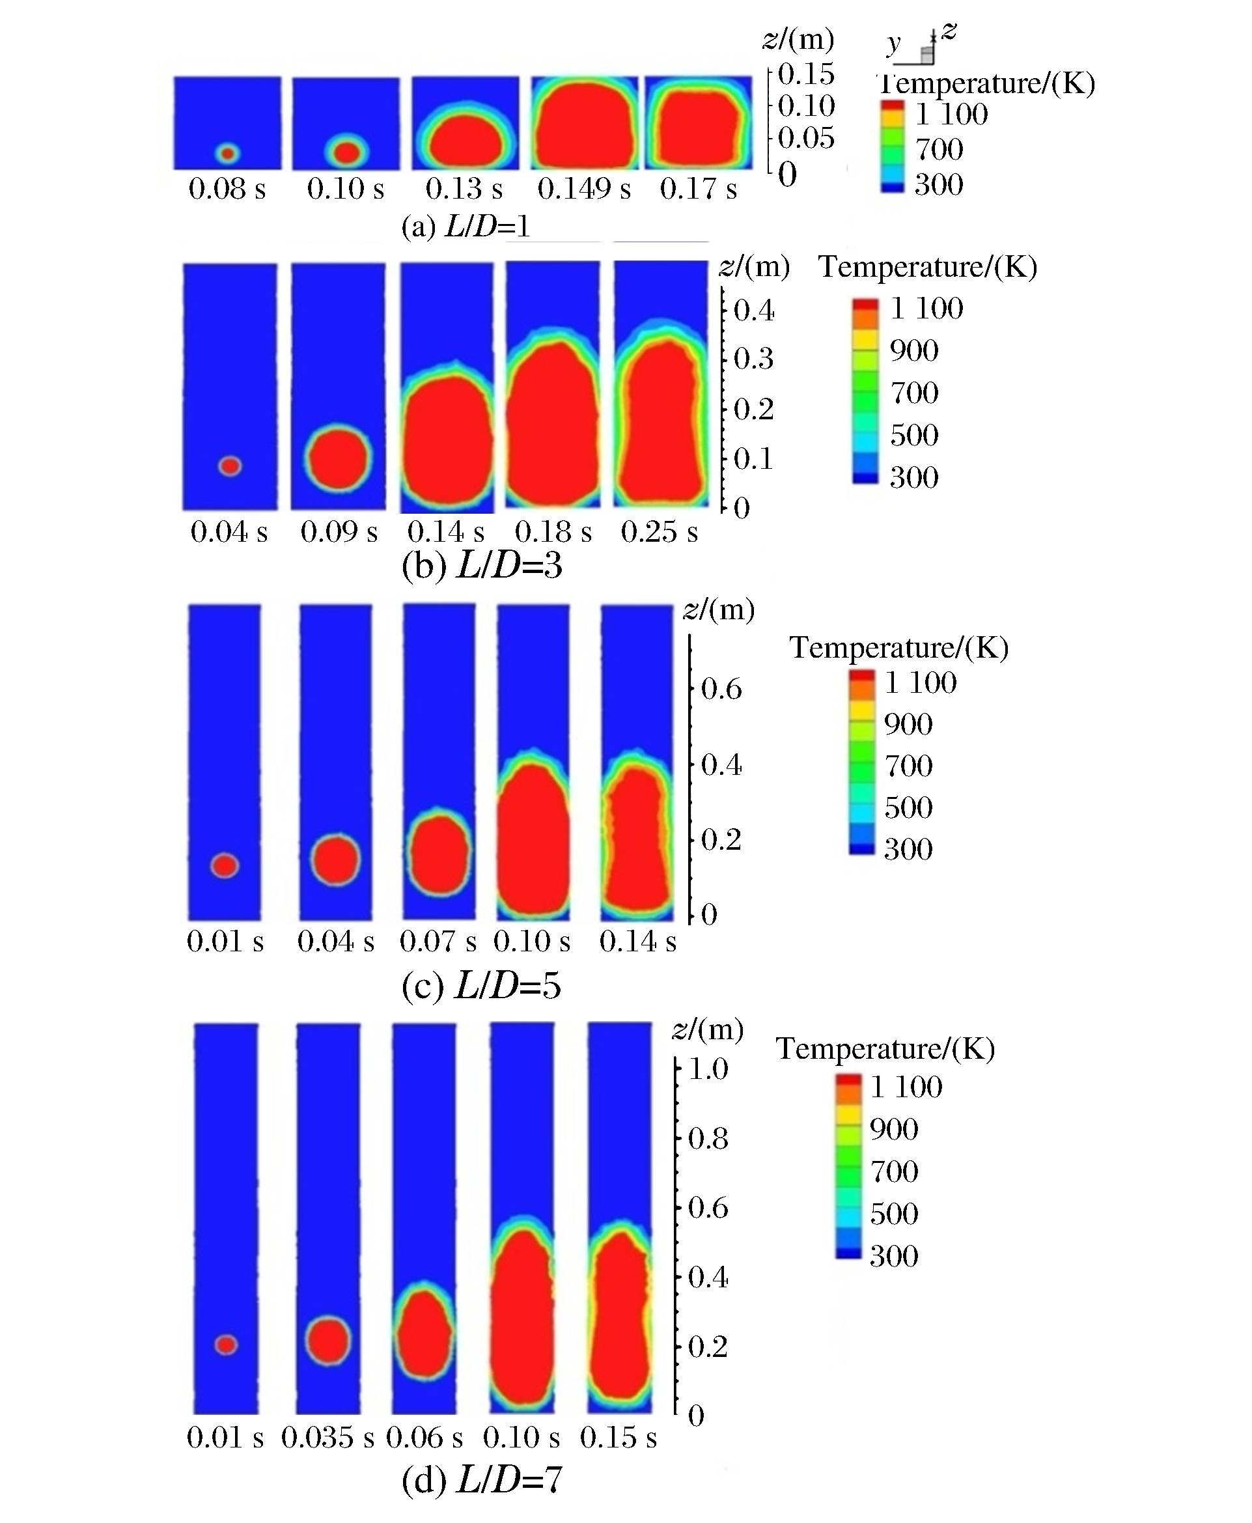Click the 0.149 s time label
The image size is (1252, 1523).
click(x=583, y=189)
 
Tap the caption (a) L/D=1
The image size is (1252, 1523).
click(x=466, y=227)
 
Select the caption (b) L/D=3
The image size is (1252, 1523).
click(x=481, y=566)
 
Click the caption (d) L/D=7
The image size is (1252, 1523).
click(x=481, y=1480)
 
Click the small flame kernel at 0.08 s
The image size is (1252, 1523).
click(x=228, y=153)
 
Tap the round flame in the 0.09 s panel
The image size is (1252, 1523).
click(x=337, y=458)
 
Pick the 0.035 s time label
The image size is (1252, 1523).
click(x=327, y=1437)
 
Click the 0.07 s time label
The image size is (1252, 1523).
click(x=438, y=941)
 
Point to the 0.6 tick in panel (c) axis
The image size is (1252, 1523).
click(x=721, y=690)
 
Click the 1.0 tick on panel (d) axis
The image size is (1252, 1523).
click(x=708, y=1069)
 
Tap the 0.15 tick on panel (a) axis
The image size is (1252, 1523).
click(x=805, y=74)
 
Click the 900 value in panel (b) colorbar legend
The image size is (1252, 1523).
click(x=913, y=350)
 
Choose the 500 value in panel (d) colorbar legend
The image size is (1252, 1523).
click(x=893, y=1214)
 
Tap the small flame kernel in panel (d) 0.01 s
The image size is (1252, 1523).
click(x=227, y=1344)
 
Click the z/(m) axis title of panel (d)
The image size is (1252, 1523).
click(x=708, y=1029)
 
